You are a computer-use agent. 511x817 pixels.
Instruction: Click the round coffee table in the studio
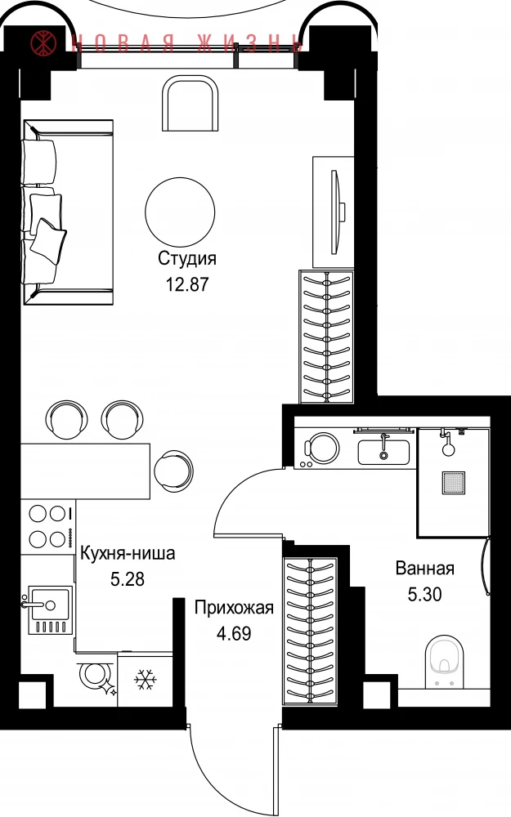coord(180,212)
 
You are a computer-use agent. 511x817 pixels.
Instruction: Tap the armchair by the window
coord(191,103)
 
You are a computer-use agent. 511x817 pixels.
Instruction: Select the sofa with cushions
coord(68,212)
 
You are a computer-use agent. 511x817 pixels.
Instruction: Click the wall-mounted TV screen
coord(335,212)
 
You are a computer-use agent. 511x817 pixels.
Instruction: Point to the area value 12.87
coord(187,284)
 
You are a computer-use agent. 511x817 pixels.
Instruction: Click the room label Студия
coord(187,258)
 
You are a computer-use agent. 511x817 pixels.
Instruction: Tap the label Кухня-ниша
coord(128,553)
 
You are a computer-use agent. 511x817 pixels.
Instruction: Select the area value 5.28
coord(128,579)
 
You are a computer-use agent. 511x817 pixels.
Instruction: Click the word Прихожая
coord(234,608)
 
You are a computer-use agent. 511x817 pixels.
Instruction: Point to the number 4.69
coord(234,634)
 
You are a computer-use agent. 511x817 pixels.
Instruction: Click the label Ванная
coord(425,568)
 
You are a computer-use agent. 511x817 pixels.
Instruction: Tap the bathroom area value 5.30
coord(425,594)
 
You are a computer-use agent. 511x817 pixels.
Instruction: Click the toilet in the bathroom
coord(444,662)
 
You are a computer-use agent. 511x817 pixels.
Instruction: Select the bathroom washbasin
coord(383,451)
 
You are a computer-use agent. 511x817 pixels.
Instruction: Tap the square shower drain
coord(453,483)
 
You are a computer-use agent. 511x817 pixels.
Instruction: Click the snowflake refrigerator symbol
coord(146,680)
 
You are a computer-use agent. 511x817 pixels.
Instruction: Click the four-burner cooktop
coord(48,527)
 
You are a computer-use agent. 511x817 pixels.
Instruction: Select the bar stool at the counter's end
coord(173,470)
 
